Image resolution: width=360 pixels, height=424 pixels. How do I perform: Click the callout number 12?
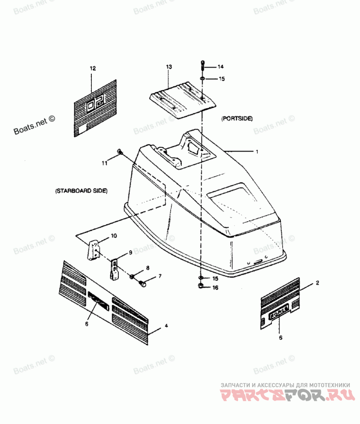(93, 69)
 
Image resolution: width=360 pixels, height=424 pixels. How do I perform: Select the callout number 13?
(169, 67)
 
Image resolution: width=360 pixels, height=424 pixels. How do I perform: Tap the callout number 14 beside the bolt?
(220, 67)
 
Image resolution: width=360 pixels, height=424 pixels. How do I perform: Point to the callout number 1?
(257, 152)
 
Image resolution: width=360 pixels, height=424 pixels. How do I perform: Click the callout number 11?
(104, 163)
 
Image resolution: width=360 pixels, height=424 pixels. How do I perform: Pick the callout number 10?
(114, 236)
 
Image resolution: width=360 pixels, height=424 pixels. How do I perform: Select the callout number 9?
(130, 253)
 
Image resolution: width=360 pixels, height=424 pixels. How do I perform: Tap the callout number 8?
(147, 268)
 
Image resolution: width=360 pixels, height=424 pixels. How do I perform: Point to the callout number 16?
(215, 288)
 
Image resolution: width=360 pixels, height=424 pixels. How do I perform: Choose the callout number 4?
(166, 325)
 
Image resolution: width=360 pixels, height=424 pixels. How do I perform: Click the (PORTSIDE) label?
(237, 119)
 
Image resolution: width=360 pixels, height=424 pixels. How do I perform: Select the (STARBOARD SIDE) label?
(81, 191)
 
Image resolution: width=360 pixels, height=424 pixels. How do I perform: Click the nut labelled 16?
(201, 286)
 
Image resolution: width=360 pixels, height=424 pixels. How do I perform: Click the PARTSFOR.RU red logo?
(285, 396)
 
